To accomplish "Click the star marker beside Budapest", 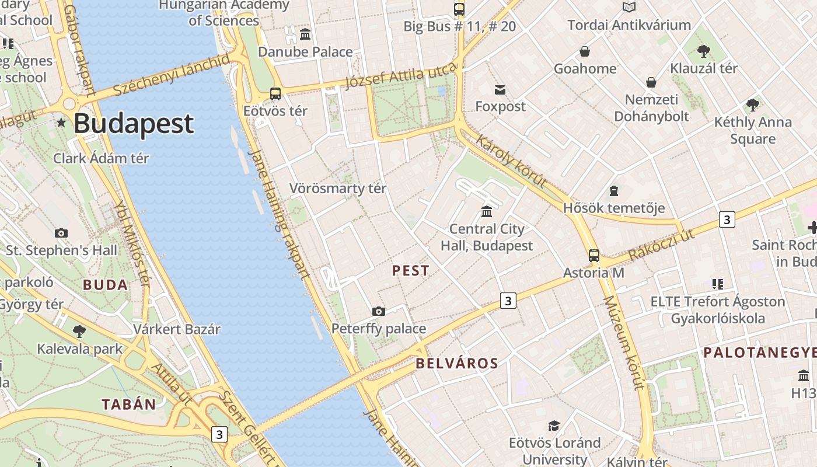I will pos(61,123).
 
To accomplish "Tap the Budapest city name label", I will pos(134,124).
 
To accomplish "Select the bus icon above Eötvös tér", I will pos(275,93).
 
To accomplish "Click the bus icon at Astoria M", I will pos(594,256).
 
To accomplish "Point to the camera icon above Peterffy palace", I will pos(379,312).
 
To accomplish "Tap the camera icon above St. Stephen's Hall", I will pos(61,233).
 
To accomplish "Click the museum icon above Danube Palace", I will pos(305,34).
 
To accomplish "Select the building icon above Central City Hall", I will pos(487,211).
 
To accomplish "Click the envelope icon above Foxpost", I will pos(500,90).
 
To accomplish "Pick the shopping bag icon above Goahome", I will pos(585,52).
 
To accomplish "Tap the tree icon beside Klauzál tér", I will pos(704,51).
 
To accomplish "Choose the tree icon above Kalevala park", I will pos(79,332).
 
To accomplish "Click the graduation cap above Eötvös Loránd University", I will pos(554,426).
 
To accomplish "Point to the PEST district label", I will pos(411,271).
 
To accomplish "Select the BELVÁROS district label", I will pos(457,364).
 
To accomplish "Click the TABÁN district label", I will pos(129,405).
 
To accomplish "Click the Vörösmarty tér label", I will pos(338,189).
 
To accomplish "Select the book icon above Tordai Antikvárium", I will pos(629,8).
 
